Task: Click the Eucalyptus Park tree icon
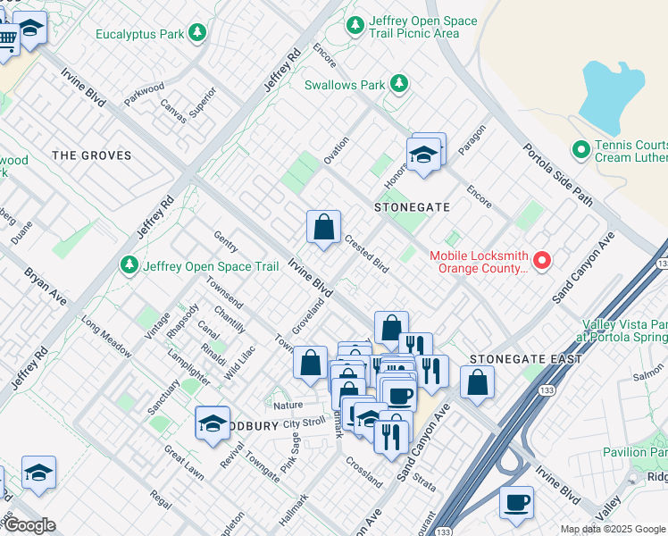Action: coord(197,34)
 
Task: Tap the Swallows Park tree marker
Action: coord(400,85)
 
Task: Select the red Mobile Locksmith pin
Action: coord(541,262)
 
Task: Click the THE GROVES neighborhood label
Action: coord(91,155)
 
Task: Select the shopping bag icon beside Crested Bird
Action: coord(323,227)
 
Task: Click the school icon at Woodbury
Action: coord(213,425)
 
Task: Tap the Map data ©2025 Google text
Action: coord(613,529)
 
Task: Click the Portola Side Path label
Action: coord(557,174)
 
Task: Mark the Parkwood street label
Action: coord(145,94)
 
